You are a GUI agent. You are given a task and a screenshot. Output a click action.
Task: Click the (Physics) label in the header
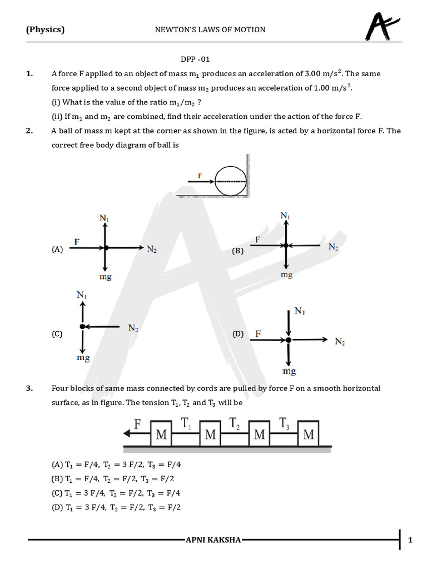coord(45,29)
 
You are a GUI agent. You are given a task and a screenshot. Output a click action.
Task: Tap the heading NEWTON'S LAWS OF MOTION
coord(210,29)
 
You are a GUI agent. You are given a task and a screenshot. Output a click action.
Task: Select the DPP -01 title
coord(195,59)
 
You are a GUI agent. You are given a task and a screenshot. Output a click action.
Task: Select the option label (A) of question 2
coord(57,250)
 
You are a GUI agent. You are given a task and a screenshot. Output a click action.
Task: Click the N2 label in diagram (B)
coord(333,246)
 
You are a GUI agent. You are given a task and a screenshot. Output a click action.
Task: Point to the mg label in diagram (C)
coord(83,358)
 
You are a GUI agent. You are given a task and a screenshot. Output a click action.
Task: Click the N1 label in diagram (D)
coord(300,312)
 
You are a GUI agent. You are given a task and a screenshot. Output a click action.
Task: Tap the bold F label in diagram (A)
coord(77,242)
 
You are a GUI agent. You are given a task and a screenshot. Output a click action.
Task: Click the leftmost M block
coord(161,435)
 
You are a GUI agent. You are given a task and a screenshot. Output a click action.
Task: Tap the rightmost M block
coord(309,435)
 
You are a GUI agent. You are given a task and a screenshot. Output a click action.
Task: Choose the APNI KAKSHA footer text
coord(213,540)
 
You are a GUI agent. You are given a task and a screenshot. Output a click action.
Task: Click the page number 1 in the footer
coord(410,540)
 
